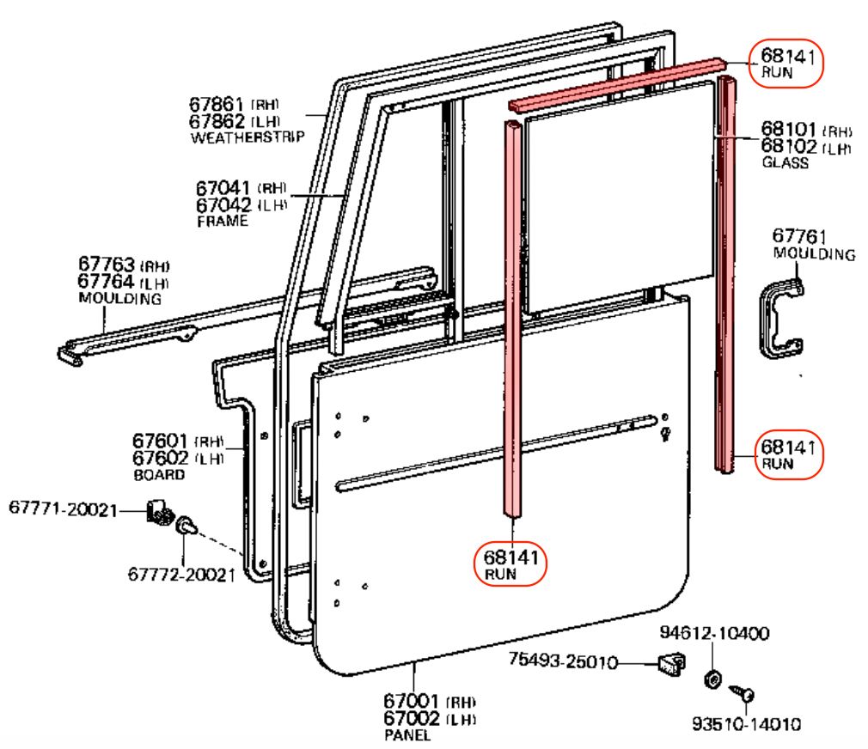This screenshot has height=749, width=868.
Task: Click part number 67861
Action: pyautogui.click(x=220, y=104)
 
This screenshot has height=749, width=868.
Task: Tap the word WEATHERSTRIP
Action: pyautogui.click(x=248, y=137)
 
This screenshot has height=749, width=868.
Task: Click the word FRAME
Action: pyautogui.click(x=221, y=221)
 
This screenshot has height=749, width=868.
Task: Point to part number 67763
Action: pyautogui.click(x=107, y=265)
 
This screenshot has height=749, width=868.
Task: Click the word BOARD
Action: pyautogui.click(x=158, y=474)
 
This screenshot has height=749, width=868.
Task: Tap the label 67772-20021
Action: pyautogui.click(x=181, y=575)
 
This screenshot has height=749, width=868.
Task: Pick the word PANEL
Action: pyautogui.click(x=407, y=735)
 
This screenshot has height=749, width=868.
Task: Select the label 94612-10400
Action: pyautogui.click(x=715, y=634)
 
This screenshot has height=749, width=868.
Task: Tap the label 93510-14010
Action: pyautogui.click(x=747, y=723)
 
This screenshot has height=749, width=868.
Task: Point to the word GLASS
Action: pyautogui.click(x=785, y=162)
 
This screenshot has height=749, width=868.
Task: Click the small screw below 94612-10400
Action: pyautogui.click(x=744, y=691)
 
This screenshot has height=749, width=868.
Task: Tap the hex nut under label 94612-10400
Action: pyautogui.click(x=712, y=679)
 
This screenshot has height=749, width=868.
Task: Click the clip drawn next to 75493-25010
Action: pyautogui.click(x=671, y=664)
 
